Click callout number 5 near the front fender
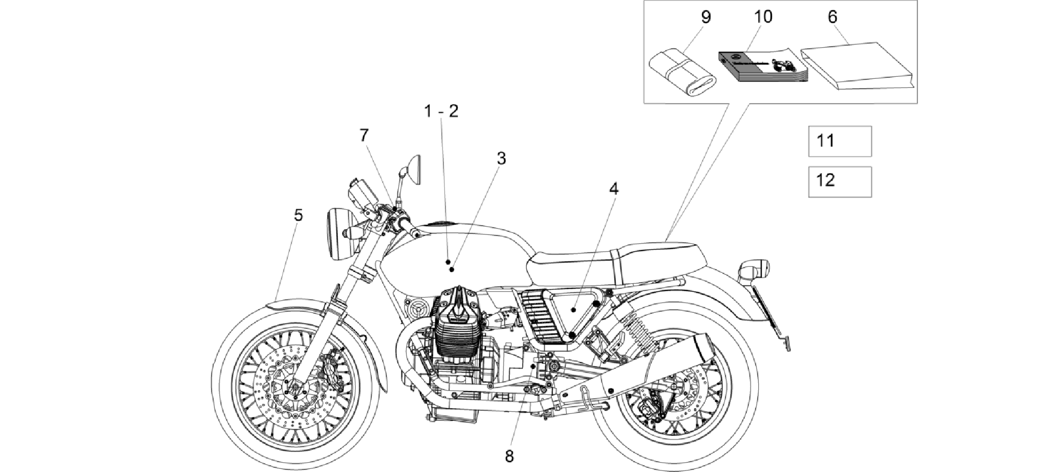pyautogui.click(x=298, y=215)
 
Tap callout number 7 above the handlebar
pyautogui.click(x=364, y=135)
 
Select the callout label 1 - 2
pyautogui.click(x=441, y=111)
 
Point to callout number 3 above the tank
pyautogui.click(x=501, y=159)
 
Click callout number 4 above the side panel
pyautogui.click(x=613, y=189)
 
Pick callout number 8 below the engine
pyautogui.click(x=509, y=456)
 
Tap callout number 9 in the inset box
pyautogui.click(x=706, y=17)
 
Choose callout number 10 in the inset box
pyautogui.click(x=763, y=17)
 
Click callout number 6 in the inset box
pyautogui.click(x=832, y=17)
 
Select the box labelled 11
pyautogui.click(x=840, y=141)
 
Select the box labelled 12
pyautogui.click(x=840, y=182)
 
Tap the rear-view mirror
pyautogui.click(x=413, y=169)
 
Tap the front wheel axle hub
pyautogui.click(x=296, y=386)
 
